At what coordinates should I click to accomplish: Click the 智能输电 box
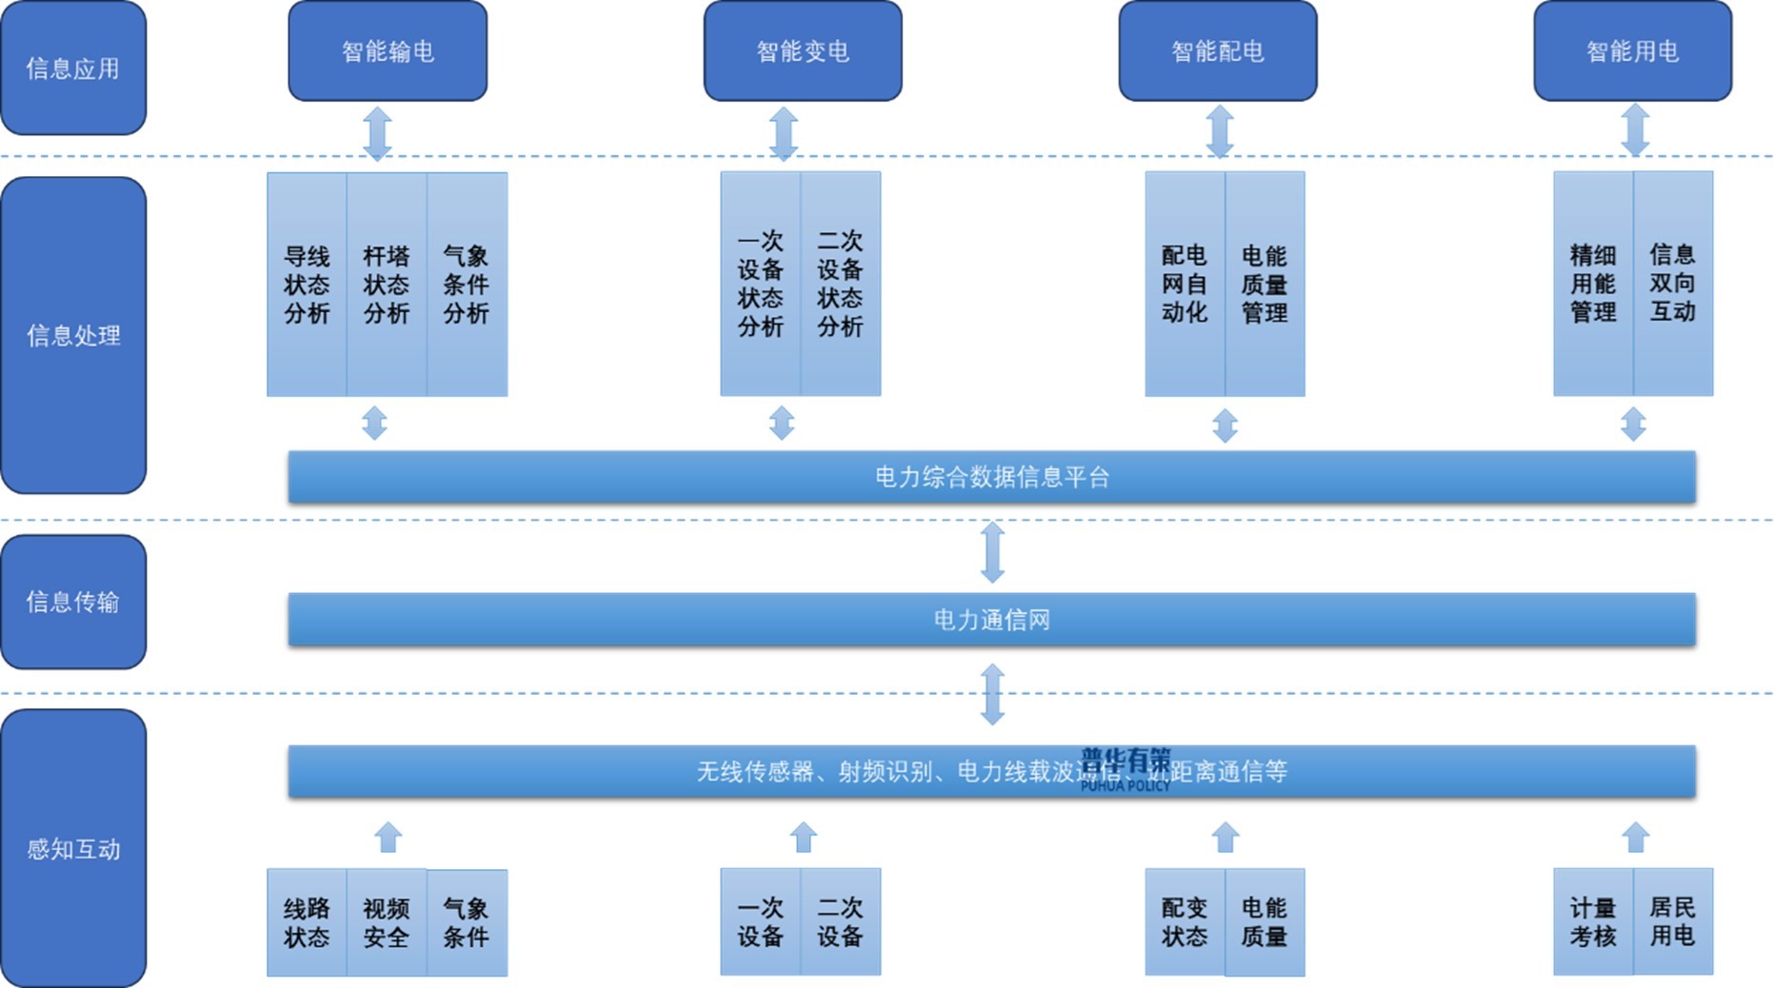(388, 51)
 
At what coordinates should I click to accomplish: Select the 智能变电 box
(803, 51)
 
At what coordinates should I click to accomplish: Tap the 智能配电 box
(1218, 51)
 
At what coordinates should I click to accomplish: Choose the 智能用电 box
(1632, 51)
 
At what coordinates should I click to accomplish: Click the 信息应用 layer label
(73, 69)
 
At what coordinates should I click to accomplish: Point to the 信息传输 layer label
(73, 602)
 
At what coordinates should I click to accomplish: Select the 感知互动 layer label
(73, 848)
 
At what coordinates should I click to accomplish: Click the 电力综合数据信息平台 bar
(991, 477)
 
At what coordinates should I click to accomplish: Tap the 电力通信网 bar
(991, 620)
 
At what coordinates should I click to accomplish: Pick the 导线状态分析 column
(307, 284)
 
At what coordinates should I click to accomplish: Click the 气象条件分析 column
(467, 284)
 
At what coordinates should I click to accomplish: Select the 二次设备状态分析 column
(840, 284)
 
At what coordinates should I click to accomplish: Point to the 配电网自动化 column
(1185, 284)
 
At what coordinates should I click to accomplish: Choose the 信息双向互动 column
(1673, 284)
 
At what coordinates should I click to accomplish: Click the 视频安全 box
(387, 922)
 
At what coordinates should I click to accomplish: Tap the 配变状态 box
(1185, 922)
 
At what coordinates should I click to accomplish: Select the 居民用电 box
(1673, 921)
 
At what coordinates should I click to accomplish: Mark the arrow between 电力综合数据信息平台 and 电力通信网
(992, 552)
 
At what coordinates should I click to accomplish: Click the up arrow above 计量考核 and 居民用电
(1635, 838)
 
